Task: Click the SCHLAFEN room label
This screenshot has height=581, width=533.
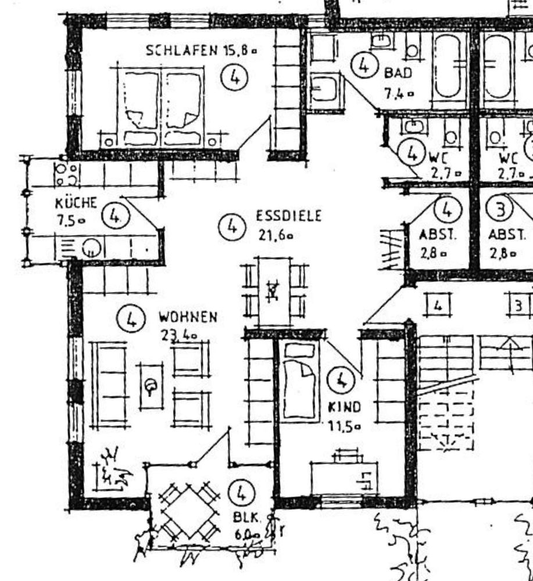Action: [181, 50]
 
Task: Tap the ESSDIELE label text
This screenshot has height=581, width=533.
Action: [289, 216]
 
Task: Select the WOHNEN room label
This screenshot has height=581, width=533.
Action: [188, 317]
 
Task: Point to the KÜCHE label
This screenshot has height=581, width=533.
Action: [76, 203]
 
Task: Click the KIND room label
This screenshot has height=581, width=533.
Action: [344, 407]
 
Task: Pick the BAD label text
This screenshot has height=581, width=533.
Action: [398, 73]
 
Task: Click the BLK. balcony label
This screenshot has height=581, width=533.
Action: [247, 517]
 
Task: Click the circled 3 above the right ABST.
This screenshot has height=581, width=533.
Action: [501, 210]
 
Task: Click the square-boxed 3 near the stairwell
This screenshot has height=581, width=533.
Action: [519, 306]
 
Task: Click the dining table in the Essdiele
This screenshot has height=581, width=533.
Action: [274, 291]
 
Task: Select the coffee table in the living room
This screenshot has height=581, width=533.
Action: [152, 386]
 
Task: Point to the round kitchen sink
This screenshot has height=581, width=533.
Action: [91, 247]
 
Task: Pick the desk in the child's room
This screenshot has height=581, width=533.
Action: [344, 478]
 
